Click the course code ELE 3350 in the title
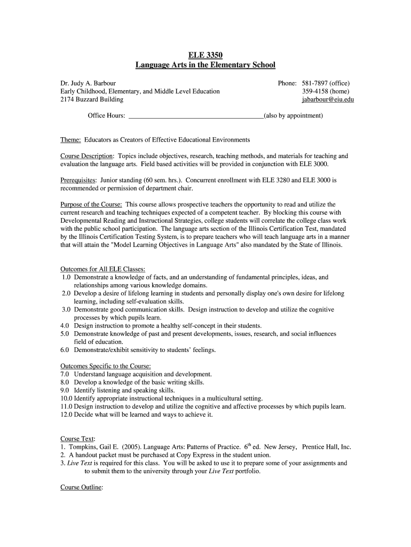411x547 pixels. tap(205, 55)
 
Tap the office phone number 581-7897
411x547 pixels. tap(314, 83)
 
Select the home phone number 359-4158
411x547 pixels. tap(314, 91)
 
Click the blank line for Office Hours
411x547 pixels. tap(196, 115)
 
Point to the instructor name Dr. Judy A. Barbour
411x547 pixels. tap(88, 83)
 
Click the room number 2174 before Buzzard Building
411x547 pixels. tap(67, 99)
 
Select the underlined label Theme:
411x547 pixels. tap(70, 140)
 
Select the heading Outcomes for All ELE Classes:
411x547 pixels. tap(103, 269)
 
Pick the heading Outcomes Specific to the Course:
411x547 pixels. tap(106, 366)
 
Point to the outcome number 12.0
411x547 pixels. tap(66, 415)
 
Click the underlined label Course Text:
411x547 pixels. tap(77, 439)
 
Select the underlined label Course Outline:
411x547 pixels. tap(82, 488)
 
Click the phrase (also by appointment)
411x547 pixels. tap(293, 115)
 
